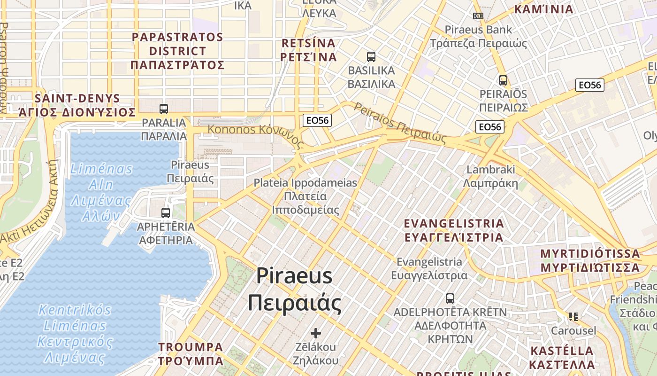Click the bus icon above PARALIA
164,109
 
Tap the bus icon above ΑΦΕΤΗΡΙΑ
166,213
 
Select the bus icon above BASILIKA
371,57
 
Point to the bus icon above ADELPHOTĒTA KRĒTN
450,298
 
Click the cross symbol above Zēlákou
316,333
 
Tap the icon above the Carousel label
573,317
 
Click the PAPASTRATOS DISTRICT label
177,51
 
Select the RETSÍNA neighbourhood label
309,50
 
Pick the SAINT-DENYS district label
77,105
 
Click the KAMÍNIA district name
544,9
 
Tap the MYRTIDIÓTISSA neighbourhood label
590,260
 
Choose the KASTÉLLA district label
562,357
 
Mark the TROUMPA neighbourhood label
191,354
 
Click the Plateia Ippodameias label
306,196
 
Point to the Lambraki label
491,176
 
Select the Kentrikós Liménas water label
75,334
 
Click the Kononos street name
254,131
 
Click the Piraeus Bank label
479,37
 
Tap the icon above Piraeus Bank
478,16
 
